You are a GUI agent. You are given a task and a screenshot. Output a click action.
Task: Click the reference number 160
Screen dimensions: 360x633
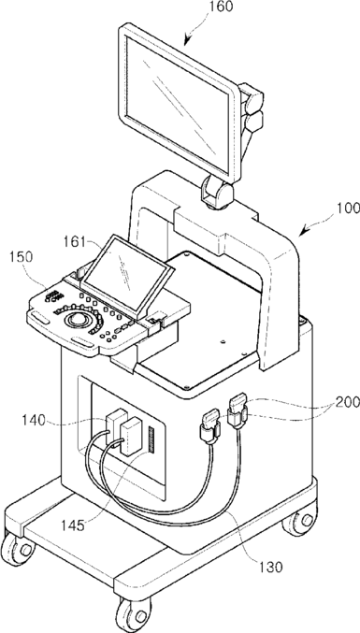222,7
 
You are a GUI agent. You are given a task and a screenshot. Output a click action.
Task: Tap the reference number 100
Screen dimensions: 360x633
348,209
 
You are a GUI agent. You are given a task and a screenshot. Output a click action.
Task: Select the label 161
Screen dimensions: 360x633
74,242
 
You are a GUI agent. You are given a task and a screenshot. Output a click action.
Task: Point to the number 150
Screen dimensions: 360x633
21,257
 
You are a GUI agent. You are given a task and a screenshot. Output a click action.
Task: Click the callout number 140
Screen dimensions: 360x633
34,420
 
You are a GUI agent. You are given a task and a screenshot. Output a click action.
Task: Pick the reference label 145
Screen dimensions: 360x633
73,525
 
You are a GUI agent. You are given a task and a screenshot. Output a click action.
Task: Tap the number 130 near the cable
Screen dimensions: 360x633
270,567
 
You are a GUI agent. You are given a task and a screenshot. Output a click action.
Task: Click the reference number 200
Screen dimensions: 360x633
347,402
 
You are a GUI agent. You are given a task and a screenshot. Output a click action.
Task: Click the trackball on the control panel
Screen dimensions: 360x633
77,320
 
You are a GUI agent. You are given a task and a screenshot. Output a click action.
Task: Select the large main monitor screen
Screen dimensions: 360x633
177,100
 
